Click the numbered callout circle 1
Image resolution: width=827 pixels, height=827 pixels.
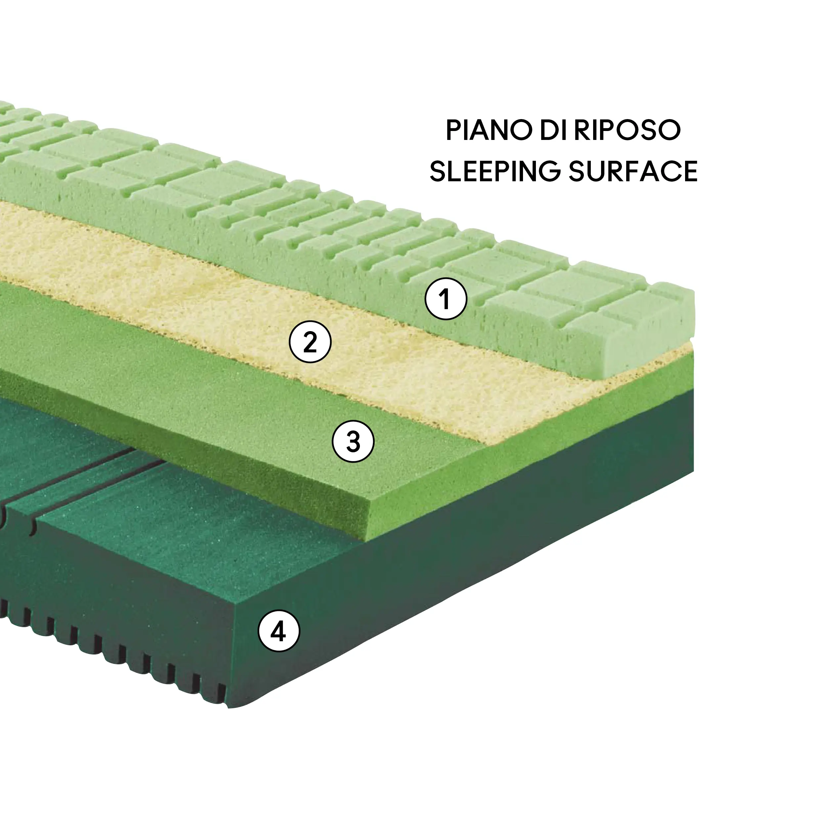pyautogui.click(x=445, y=299)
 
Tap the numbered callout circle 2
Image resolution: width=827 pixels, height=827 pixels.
pyautogui.click(x=310, y=342)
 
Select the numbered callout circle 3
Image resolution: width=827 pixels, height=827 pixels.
pyautogui.click(x=353, y=441)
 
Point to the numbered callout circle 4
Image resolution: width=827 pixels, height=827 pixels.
pyautogui.click(x=279, y=631)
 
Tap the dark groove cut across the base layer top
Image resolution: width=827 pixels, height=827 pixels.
pyautogui.click(x=107, y=479)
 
